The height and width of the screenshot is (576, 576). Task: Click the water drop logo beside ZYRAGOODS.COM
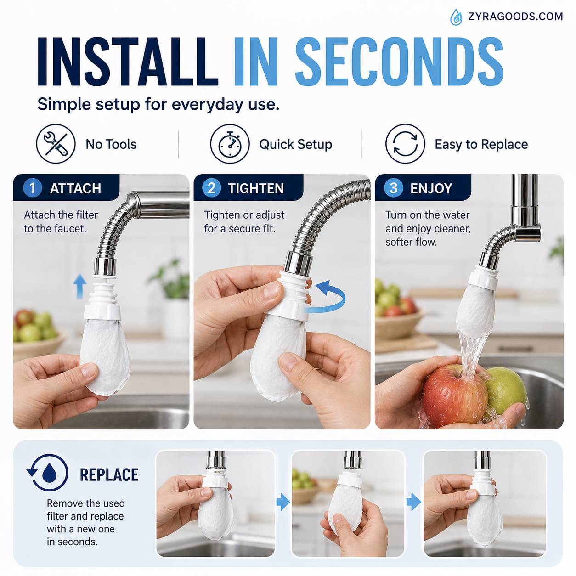456,17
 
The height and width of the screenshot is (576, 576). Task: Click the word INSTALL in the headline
128,62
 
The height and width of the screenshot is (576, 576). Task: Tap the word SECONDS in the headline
399,62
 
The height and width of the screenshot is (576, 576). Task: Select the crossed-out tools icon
56,144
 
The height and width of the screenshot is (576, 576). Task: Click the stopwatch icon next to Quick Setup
230,144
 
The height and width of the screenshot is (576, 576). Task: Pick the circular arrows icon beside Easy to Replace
405,144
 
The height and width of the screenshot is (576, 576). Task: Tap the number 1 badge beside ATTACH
33,188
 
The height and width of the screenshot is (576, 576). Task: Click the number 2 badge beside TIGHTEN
212,188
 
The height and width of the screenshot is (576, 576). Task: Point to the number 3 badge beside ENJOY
394,188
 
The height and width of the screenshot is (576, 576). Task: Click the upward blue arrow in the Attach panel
80,287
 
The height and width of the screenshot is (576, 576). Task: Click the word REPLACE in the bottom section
109,474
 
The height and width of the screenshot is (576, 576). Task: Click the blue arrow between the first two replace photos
283,502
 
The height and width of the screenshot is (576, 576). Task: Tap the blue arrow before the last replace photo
414,502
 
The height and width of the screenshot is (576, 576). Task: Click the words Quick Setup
296,144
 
